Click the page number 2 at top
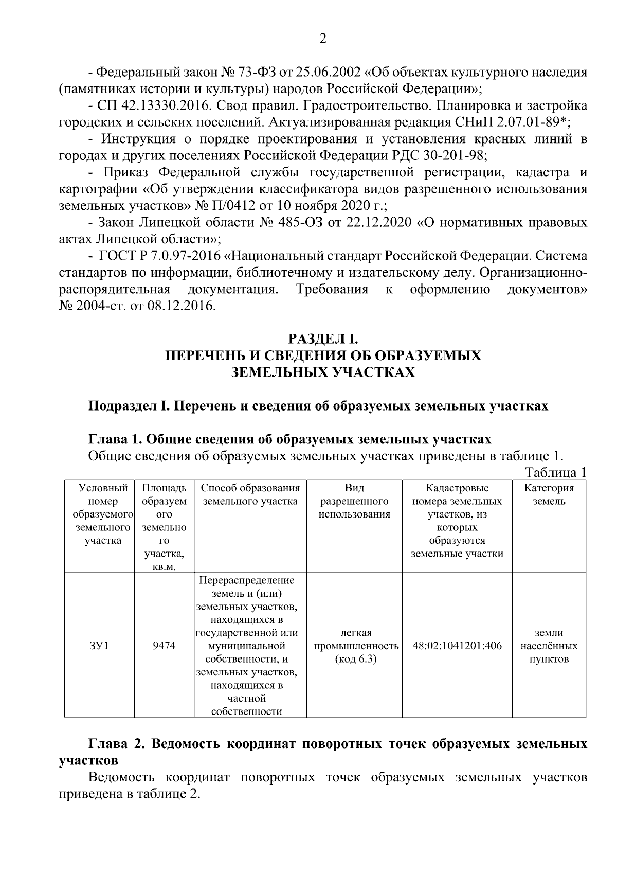coord(322,39)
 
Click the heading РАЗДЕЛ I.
coord(322,338)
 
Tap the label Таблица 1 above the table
coord(555,472)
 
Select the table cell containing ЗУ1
coord(99,645)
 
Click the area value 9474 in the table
coord(164,645)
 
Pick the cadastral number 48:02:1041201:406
coord(457,645)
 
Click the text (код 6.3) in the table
coord(356,659)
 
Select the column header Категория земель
coord(549,494)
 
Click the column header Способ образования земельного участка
coord(250,494)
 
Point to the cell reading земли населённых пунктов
coord(549,646)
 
